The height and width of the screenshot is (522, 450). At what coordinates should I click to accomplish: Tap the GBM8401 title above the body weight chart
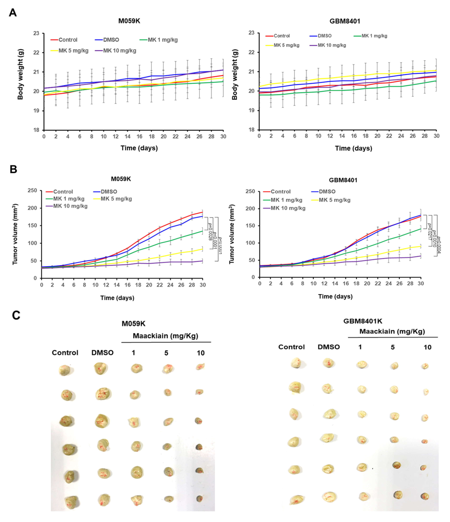(345, 21)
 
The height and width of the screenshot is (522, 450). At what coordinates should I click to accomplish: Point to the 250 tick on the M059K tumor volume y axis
(32, 191)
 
